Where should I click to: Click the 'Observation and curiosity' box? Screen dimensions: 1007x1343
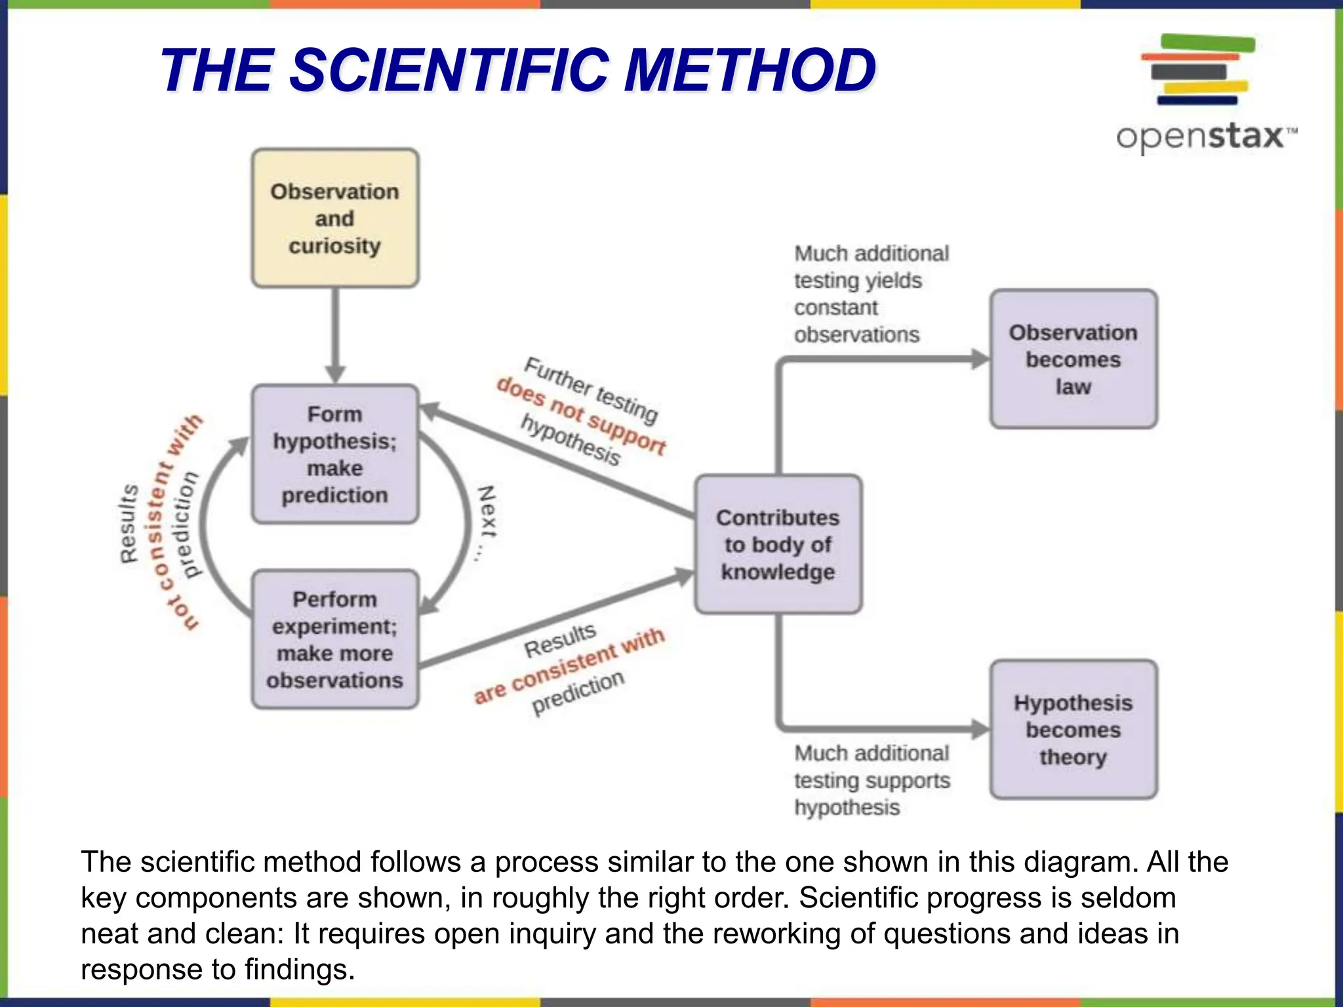point(335,218)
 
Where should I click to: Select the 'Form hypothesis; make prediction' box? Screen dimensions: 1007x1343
point(335,454)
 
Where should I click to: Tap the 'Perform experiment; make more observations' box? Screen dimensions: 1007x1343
point(335,639)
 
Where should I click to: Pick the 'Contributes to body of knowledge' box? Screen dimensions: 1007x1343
point(778,544)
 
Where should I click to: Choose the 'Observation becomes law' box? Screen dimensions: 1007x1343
point(1073,359)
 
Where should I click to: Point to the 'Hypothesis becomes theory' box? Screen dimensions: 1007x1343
point(1073,730)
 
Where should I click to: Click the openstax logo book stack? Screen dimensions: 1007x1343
point(1197,69)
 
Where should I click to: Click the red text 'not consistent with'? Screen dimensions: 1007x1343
point(176,522)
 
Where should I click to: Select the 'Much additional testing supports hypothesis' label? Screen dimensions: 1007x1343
point(872,780)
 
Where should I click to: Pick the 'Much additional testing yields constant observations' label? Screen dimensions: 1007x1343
point(870,294)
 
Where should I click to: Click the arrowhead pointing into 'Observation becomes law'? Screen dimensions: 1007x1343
point(980,359)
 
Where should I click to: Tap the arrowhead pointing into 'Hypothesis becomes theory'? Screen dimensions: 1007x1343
point(980,729)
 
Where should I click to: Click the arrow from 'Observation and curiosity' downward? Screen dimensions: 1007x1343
point(335,334)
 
